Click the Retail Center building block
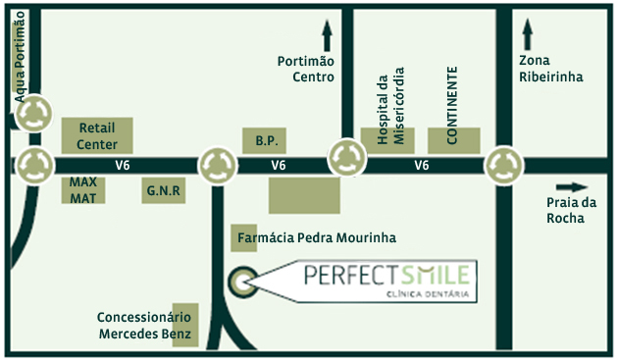pyautogui.click(x=97, y=135)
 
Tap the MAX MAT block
pyautogui.click(x=82, y=190)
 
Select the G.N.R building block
pyautogui.click(x=163, y=190)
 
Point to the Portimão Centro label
pyautogui.click(x=306, y=69)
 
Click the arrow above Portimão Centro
pyautogui.click(x=327, y=36)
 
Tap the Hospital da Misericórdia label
pyautogui.click(x=385, y=108)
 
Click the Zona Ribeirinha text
pyautogui.click(x=551, y=69)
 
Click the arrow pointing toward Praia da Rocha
pyautogui.click(x=570, y=186)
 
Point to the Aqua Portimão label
pyautogui.click(x=22, y=49)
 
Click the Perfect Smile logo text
pyautogui.click(x=386, y=274)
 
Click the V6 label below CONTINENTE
pyautogui.click(x=422, y=166)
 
